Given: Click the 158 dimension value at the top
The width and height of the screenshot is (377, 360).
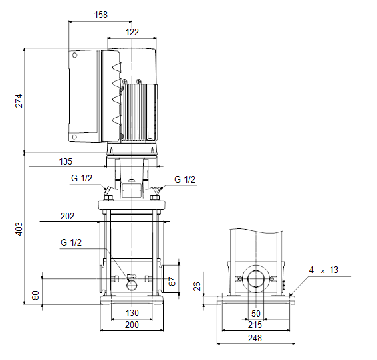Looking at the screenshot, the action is (101, 15).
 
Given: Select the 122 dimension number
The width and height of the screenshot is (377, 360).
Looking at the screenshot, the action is (132, 32).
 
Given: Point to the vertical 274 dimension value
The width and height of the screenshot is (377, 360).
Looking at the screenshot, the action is (19, 101).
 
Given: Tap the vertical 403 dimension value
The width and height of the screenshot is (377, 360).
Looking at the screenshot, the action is (19, 229).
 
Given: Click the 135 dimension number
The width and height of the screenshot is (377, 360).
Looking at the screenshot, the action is (66, 161).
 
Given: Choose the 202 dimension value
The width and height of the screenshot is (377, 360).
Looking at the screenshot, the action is (67, 216).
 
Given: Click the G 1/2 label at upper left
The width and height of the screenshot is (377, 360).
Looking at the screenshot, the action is (82, 178).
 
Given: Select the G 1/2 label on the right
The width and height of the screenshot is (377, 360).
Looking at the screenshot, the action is (185, 179).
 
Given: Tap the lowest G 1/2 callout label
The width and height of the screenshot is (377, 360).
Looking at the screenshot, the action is (71, 242).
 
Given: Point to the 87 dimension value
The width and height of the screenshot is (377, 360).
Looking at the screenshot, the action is (172, 281).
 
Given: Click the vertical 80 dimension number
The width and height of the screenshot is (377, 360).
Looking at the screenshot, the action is (35, 295).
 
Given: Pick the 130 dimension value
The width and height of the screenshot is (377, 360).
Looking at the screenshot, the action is (132, 313).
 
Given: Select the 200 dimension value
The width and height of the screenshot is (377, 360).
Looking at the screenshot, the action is (132, 325).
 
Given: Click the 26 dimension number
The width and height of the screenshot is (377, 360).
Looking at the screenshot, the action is (197, 286).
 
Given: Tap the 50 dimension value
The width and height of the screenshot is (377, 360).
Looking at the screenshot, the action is (256, 314).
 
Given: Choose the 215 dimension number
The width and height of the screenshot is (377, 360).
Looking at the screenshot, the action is (255, 325).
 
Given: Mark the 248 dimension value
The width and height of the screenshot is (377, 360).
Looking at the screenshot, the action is (255, 338).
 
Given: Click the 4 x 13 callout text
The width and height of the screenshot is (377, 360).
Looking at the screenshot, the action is (324, 270).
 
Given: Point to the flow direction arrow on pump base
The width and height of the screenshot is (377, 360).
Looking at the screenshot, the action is (132, 276).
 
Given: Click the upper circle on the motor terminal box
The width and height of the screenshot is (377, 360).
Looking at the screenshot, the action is (74, 55).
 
